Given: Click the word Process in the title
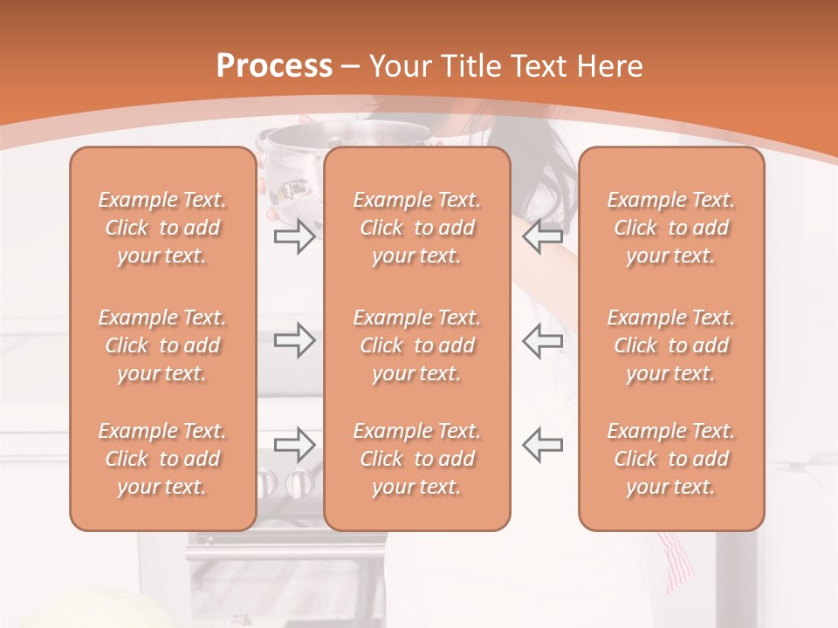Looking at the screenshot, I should tap(274, 66).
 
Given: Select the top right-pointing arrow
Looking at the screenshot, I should tap(294, 236).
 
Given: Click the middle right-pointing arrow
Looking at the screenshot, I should tap(294, 340).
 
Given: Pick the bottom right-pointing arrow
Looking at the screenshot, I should tap(294, 444).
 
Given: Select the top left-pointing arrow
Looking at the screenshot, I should tap(542, 236).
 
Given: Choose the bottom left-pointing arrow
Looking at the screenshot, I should tap(542, 444).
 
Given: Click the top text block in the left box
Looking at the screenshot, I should tap(162, 228).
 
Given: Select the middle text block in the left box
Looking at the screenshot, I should tap(162, 345).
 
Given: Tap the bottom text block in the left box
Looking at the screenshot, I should tap(162, 459).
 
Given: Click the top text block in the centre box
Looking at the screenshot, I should tap(416, 228).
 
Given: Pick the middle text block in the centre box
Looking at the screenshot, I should tap(416, 345).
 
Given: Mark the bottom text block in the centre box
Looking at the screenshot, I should tap(416, 459).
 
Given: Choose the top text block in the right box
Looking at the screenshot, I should tap(670, 228).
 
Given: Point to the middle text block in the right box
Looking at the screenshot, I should tap(670, 345).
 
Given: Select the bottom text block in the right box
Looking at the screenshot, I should tap(670, 459).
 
